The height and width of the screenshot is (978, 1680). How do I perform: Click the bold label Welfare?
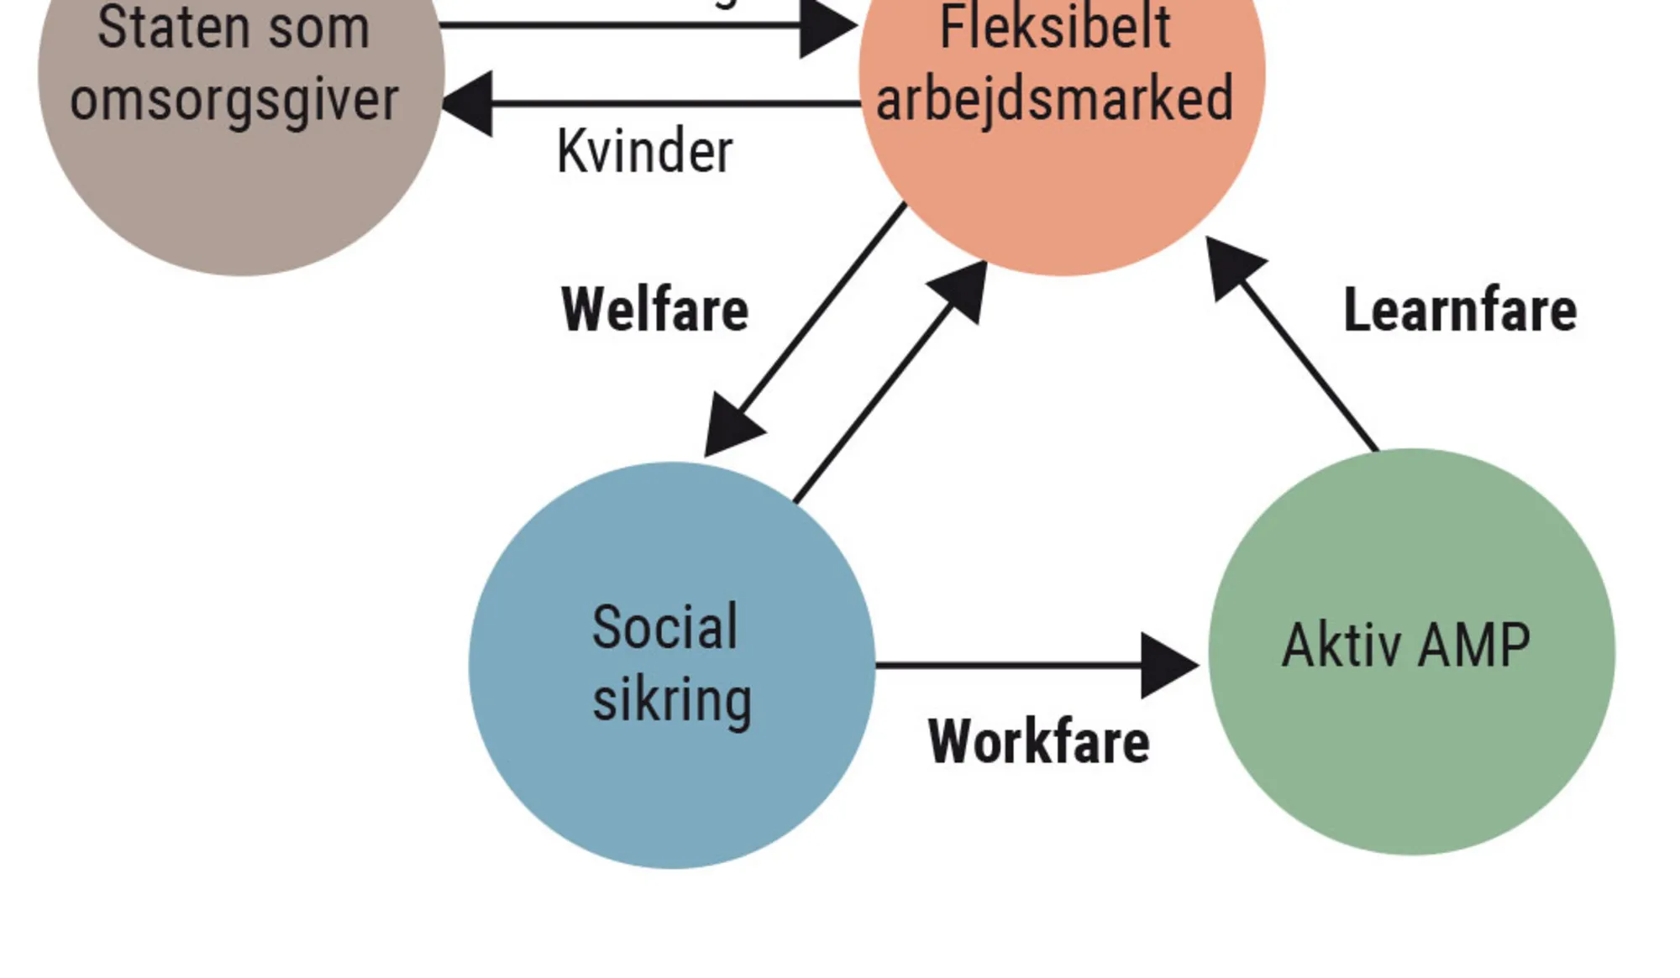pyautogui.click(x=654, y=310)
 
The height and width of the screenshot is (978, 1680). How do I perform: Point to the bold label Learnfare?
pyautogui.click(x=1460, y=310)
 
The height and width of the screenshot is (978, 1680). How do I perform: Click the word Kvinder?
pyautogui.click(x=644, y=152)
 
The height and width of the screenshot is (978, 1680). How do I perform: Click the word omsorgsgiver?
pyautogui.click(x=234, y=101)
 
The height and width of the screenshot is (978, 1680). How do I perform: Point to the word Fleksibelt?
pyautogui.click(x=1054, y=27)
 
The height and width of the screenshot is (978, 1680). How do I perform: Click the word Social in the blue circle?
pyautogui.click(x=664, y=627)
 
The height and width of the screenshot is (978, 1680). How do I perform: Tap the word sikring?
pyautogui.click(x=671, y=699)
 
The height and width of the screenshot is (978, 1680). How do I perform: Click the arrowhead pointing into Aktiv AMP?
pyautogui.click(x=1169, y=665)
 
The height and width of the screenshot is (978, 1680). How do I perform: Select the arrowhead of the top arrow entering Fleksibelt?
pyautogui.click(x=827, y=27)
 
